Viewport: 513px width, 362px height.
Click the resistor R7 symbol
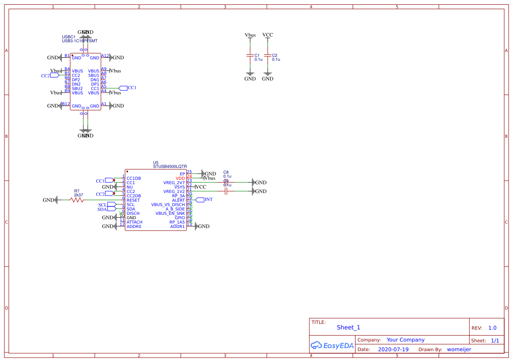point(77,200)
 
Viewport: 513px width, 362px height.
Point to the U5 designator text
point(155,162)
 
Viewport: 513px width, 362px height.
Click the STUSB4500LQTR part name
point(169,167)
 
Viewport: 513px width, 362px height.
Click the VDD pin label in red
point(180,178)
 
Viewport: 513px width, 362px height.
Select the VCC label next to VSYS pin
point(201,187)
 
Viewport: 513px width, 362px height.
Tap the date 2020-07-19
point(393,350)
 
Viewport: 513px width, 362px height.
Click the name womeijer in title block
point(459,350)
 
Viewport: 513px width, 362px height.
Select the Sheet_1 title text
point(348,327)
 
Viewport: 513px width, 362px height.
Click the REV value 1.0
point(492,328)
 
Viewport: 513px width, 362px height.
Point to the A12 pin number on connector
point(105,56)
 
